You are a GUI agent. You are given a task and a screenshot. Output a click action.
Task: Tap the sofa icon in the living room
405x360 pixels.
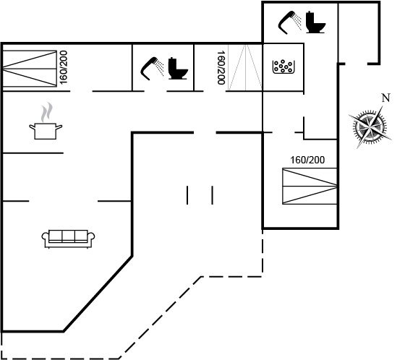pyautogui.click(x=68, y=239)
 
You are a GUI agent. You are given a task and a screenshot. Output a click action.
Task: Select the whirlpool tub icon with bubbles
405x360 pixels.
pyautogui.click(x=283, y=67)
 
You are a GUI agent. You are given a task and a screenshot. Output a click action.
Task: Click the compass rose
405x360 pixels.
pyautogui.click(x=370, y=127)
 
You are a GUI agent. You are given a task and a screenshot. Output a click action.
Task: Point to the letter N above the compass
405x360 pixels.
pyautogui.click(x=385, y=98)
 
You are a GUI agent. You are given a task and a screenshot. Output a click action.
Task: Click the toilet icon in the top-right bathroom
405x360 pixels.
pyautogui.click(x=315, y=22)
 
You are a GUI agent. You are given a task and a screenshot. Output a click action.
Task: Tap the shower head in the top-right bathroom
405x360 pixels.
pyautogui.click(x=289, y=22)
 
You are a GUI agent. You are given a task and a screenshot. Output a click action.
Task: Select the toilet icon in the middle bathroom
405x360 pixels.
pyautogui.click(x=178, y=68)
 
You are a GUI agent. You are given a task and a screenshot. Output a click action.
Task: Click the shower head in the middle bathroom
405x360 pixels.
pyautogui.click(x=152, y=69)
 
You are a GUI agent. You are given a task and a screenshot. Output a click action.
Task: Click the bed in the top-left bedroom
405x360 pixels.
pyautogui.click(x=30, y=69)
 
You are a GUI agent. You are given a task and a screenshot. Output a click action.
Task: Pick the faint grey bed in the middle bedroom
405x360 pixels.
pyautogui.click(x=245, y=67)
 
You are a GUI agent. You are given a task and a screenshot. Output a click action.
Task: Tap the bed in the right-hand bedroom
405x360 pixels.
pyautogui.click(x=310, y=186)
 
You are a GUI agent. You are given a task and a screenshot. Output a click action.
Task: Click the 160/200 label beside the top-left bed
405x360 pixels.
pyautogui.click(x=64, y=67)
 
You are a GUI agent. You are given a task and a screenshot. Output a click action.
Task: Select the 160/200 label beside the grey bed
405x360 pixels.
pyautogui.click(x=221, y=67)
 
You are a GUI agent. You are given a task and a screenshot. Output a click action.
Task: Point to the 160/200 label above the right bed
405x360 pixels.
pyautogui.click(x=307, y=160)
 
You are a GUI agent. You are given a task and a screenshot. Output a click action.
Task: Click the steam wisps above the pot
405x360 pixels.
pyautogui.click(x=46, y=112)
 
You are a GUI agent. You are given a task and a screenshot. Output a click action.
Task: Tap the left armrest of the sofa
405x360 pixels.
pyautogui.click(x=45, y=238)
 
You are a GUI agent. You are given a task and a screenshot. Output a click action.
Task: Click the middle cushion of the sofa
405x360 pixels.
pyautogui.click(x=68, y=236)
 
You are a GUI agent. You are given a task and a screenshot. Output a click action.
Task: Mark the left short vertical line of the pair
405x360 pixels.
pyautogui.click(x=187, y=195)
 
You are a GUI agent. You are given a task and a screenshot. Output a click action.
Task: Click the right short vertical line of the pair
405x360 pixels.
pyautogui.click(x=213, y=195)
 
